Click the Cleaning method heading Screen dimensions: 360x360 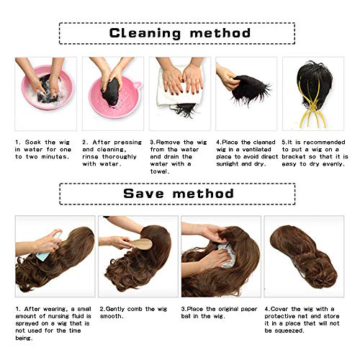179,33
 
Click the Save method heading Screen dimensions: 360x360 179,194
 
